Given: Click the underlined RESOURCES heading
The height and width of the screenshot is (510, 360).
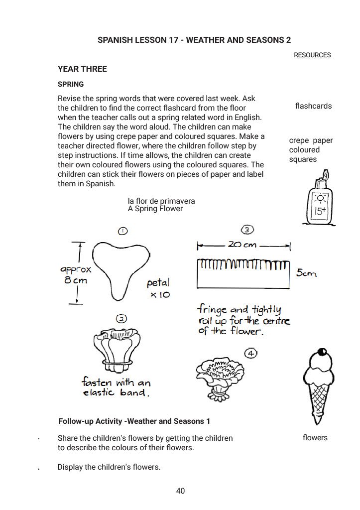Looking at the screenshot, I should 312,55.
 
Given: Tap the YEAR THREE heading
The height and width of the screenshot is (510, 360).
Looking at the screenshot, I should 82,69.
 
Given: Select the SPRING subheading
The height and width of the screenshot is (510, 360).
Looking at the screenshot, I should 71,84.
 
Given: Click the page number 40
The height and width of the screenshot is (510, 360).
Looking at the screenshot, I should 180,491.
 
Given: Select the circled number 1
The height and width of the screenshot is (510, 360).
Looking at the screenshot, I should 122,231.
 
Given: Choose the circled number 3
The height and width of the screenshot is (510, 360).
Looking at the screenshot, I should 247,230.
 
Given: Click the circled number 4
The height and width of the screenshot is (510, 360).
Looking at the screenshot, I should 251,354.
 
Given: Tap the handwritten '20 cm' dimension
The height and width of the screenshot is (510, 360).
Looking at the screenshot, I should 242,245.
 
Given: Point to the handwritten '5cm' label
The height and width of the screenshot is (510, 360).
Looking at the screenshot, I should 306,273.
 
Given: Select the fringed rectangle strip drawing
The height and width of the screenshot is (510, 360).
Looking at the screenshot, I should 243,273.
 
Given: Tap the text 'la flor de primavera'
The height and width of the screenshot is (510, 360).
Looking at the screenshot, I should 161,201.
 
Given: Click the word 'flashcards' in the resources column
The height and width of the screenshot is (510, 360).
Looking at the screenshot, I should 313,106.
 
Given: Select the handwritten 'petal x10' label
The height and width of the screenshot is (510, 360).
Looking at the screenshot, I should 159,289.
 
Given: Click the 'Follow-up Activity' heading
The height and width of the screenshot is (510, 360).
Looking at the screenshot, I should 134,421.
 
